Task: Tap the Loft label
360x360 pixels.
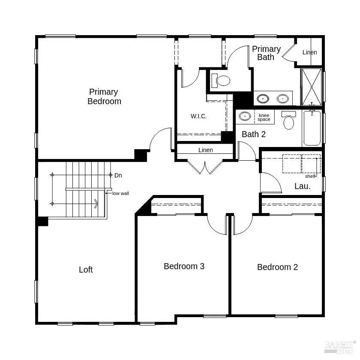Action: [x=86, y=270]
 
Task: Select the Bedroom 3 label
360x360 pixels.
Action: [x=184, y=266]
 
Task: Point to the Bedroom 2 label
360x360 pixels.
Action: [x=277, y=267]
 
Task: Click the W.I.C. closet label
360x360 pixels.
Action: [x=198, y=116]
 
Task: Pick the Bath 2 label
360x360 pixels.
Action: [x=254, y=134]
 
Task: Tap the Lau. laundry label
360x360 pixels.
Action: [x=302, y=186]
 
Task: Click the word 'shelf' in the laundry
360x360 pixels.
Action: [x=310, y=176]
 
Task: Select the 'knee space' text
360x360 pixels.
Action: [x=264, y=117]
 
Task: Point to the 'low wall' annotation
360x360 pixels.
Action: [x=120, y=193]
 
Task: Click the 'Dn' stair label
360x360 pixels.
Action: [x=118, y=175]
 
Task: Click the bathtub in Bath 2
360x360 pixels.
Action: [x=312, y=128]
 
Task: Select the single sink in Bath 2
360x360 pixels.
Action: [x=245, y=116]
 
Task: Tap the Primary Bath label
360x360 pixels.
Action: [x=266, y=53]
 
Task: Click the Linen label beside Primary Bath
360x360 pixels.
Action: [x=309, y=52]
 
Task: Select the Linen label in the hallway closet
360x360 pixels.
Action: [x=205, y=150]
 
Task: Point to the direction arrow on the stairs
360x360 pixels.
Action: [x=96, y=204]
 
